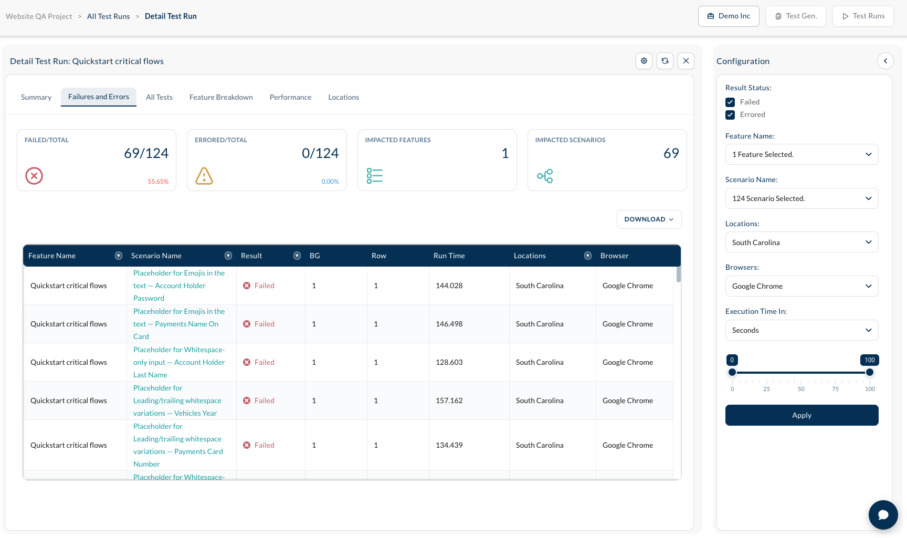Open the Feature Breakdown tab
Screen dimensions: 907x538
(x=221, y=97)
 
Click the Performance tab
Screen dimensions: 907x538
(x=290, y=97)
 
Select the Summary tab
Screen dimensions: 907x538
(x=36, y=97)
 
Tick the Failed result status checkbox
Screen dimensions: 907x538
(x=730, y=102)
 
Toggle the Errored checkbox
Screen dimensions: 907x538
(x=730, y=115)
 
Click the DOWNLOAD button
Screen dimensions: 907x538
(x=649, y=219)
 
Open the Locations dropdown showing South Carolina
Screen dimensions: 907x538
(x=801, y=242)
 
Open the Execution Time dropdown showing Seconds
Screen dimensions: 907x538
(x=801, y=330)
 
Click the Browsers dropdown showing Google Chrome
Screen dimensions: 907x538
(x=801, y=286)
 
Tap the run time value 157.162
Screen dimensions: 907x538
(x=449, y=400)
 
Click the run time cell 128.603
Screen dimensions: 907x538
(x=449, y=362)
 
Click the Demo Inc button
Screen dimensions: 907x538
(x=729, y=16)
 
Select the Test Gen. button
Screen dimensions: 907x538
(x=796, y=16)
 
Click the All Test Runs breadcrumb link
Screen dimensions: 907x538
(x=109, y=16)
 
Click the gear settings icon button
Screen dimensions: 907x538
(x=644, y=61)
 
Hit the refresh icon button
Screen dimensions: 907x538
(x=665, y=61)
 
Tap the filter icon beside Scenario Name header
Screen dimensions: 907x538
(x=228, y=256)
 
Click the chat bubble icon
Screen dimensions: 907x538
(x=883, y=515)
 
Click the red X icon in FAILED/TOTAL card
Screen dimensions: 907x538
(x=34, y=176)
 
